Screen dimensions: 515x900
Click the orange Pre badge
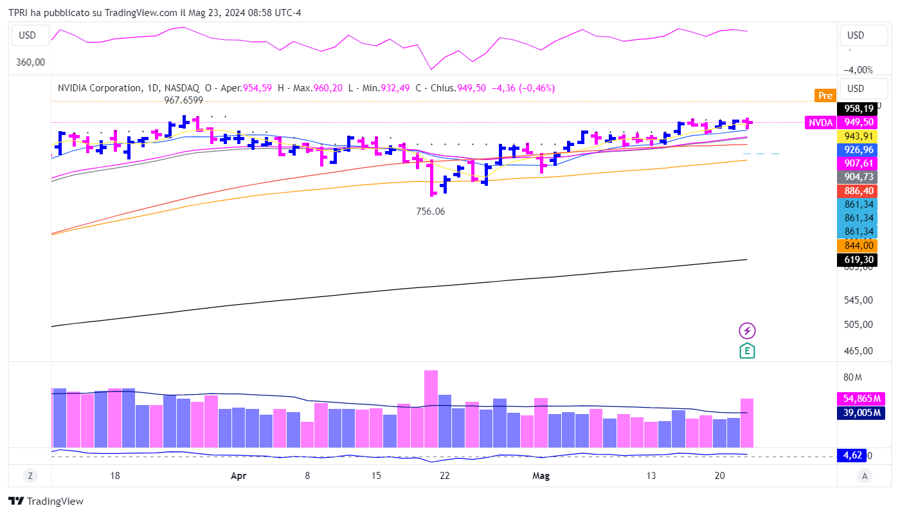[x=825, y=96]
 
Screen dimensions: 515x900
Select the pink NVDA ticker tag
[x=821, y=122]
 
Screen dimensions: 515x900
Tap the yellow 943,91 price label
[x=858, y=136]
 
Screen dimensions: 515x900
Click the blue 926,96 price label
[x=858, y=149]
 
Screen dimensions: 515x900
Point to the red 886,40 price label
[x=858, y=190]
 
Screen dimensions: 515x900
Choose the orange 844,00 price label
[x=858, y=245]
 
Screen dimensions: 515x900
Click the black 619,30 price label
[x=858, y=260]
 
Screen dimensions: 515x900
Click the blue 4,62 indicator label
[x=851, y=455]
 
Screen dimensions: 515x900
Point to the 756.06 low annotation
[x=431, y=211]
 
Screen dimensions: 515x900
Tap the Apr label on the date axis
[x=239, y=476]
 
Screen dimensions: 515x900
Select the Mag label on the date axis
[x=541, y=476]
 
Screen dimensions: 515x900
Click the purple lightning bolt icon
[x=747, y=331]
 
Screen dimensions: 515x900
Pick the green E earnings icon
[x=747, y=350]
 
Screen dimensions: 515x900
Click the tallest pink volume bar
[x=431, y=408]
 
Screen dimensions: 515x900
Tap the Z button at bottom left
[x=30, y=476]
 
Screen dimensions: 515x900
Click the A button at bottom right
[x=865, y=476]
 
